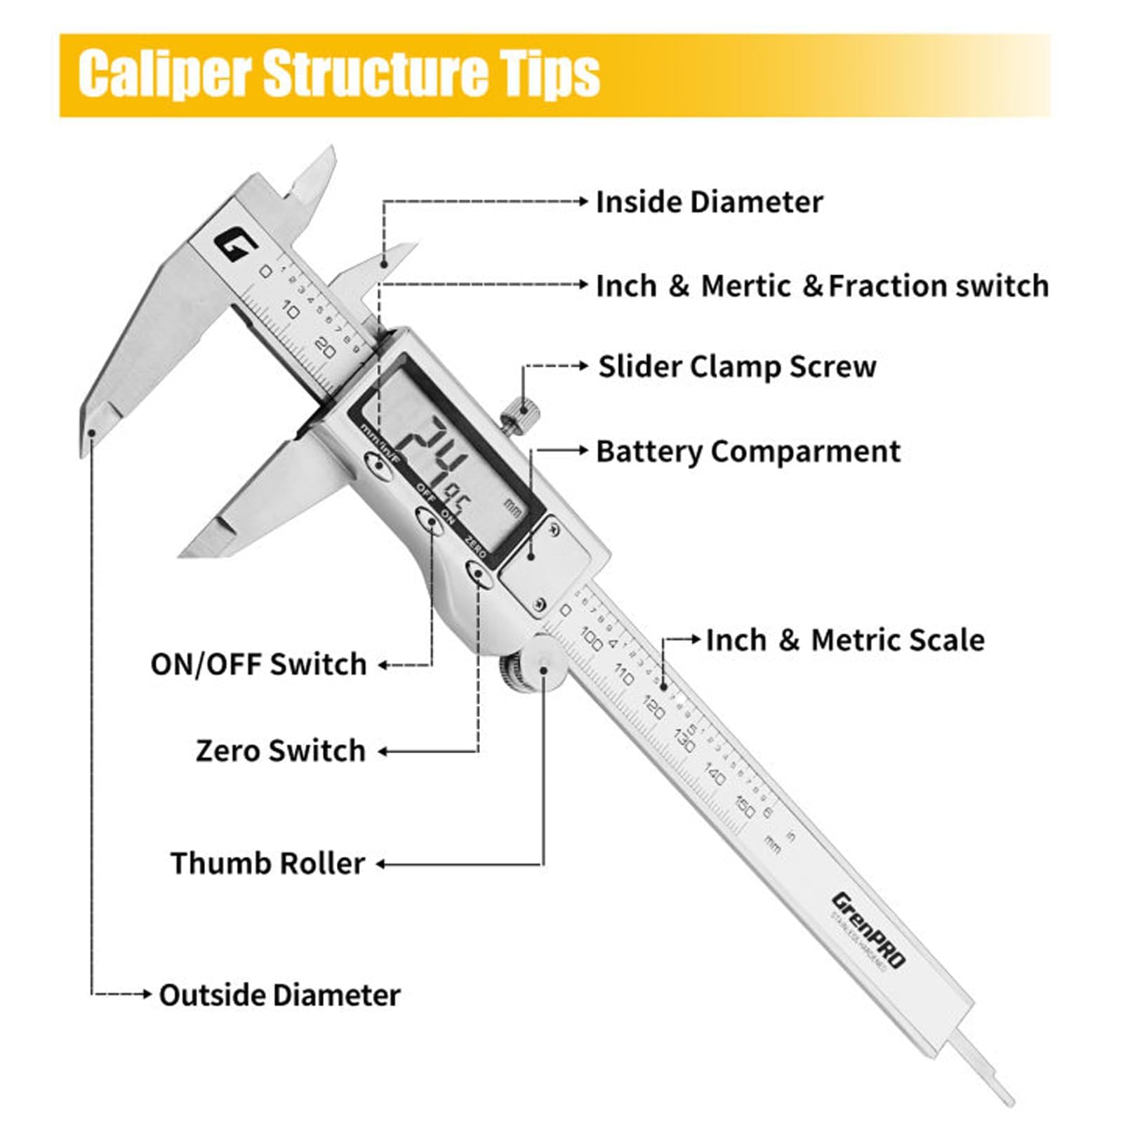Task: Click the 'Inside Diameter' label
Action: coord(709,202)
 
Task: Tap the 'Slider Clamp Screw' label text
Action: coord(737,366)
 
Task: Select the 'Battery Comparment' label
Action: coord(747,451)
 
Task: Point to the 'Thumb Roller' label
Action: coord(267,863)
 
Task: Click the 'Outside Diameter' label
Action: coord(279,995)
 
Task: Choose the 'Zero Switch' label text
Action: coord(281,750)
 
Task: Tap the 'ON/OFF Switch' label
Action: coord(258,664)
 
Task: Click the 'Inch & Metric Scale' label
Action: coord(845,640)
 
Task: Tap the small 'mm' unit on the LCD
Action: coord(513,507)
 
